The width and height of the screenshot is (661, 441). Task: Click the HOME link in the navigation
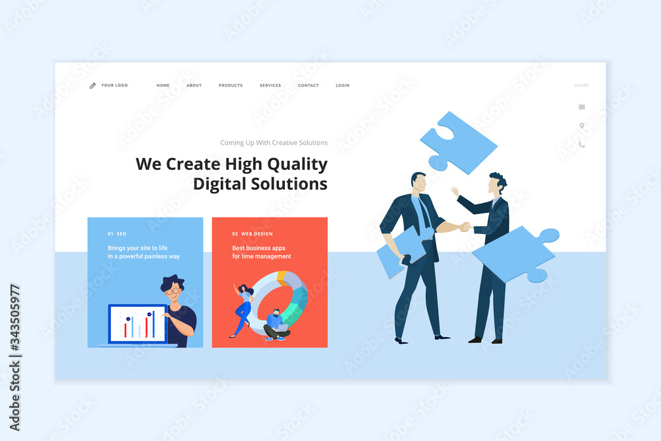pyautogui.click(x=163, y=85)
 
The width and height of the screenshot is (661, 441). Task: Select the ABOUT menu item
pyautogui.click(x=194, y=85)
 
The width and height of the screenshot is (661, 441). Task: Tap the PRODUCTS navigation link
pyautogui.click(x=231, y=85)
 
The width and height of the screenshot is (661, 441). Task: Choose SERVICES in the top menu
pyautogui.click(x=270, y=85)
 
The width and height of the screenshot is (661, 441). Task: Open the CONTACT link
pyautogui.click(x=308, y=85)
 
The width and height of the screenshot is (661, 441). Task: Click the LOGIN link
pyautogui.click(x=342, y=85)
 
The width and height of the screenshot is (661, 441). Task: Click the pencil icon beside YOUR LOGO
pyautogui.click(x=93, y=85)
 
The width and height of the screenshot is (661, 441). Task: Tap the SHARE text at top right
pyautogui.click(x=581, y=85)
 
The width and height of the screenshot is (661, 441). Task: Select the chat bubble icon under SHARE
pyautogui.click(x=582, y=107)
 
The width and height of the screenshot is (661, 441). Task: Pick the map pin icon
pyautogui.click(x=582, y=126)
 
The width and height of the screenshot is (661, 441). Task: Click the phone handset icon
pyautogui.click(x=582, y=144)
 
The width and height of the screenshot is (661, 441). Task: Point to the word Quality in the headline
pyautogui.click(x=297, y=165)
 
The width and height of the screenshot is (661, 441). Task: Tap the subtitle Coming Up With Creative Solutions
pyautogui.click(x=274, y=143)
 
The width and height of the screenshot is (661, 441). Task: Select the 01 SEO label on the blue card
pyautogui.click(x=117, y=233)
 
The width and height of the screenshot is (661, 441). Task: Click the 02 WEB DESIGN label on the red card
pyautogui.click(x=252, y=233)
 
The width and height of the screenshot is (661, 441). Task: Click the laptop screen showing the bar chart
pyautogui.click(x=138, y=324)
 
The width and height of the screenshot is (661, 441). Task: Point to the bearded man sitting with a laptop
pyautogui.click(x=276, y=325)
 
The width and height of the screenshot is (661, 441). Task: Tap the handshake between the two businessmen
pyautogui.click(x=465, y=227)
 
